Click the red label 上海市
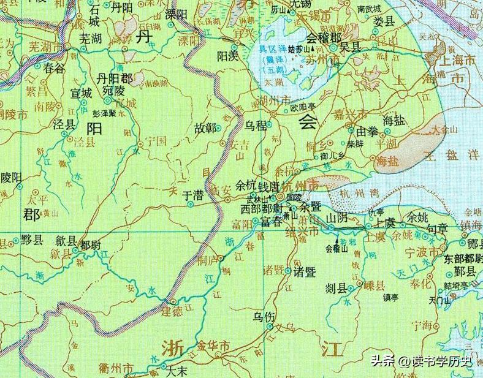point(454,60)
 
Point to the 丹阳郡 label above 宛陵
point(115,80)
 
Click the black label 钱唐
point(270,186)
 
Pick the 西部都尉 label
point(259,209)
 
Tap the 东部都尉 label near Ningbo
point(464,258)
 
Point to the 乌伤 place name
point(265,317)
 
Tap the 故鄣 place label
point(206,128)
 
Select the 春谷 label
point(55,69)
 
